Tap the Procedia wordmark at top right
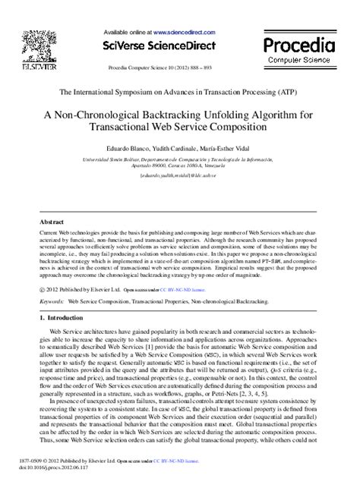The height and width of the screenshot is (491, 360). point(300,42)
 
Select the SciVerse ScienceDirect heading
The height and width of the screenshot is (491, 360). point(179,45)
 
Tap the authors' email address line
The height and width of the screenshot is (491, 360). point(180,173)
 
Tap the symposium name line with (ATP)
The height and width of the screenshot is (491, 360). point(180,90)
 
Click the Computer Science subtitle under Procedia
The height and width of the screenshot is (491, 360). point(300,59)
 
